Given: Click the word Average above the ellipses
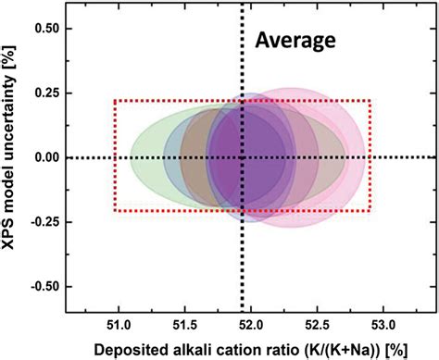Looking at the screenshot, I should coord(297,41).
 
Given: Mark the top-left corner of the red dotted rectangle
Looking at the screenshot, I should coord(114,101).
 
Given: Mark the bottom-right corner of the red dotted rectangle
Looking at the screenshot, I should coord(370,211).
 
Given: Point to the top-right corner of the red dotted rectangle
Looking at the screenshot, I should coord(370,101).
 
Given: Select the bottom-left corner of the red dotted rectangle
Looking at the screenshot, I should coord(114,211).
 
